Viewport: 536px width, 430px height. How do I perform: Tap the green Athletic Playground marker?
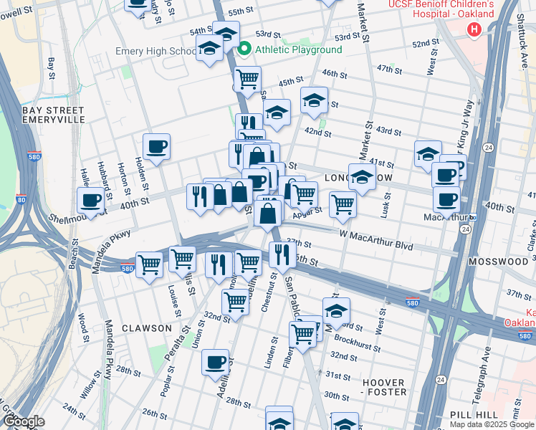coord(244,49)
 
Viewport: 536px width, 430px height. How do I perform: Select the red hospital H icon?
coord(473,29)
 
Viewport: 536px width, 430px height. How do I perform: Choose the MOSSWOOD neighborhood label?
coord(498,262)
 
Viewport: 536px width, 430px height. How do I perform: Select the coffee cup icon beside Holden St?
coord(156,148)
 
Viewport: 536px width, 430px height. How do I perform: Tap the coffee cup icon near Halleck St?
coord(91,200)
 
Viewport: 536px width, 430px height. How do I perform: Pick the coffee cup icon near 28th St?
coord(215,363)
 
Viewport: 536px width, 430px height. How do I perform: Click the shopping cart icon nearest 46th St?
coord(247,80)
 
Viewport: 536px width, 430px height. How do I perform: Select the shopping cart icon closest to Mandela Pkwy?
coord(149,265)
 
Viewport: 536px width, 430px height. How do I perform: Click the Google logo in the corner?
coord(23,421)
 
